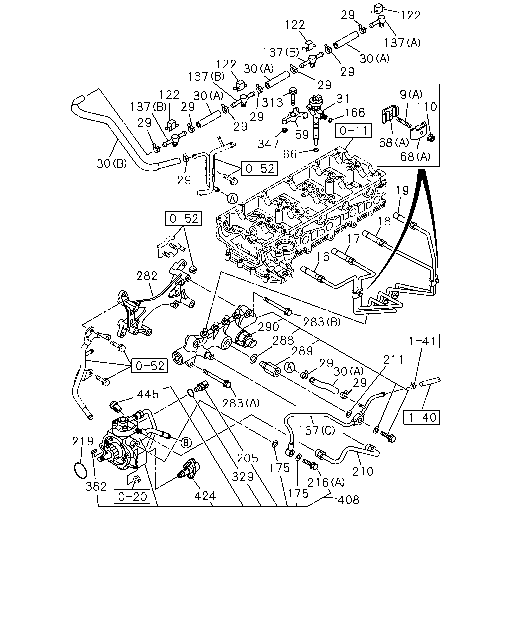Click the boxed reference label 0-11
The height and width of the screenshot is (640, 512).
point(353,131)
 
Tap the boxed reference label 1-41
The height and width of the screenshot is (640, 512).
point(422,341)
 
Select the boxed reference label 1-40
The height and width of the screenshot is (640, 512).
point(422,417)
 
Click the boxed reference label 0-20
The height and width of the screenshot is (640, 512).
point(132,497)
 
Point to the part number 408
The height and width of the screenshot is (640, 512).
point(348,499)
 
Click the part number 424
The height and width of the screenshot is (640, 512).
point(205,496)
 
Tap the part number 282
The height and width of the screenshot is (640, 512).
point(147,276)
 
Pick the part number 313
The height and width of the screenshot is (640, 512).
point(272,102)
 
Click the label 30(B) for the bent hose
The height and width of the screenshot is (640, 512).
point(112,163)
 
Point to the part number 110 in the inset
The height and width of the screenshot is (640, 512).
point(426,107)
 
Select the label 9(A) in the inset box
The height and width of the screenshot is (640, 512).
point(411,94)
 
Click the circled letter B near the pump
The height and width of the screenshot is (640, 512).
point(186,443)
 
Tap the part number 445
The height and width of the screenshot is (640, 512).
point(148,394)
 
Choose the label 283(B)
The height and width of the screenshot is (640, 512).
point(322,322)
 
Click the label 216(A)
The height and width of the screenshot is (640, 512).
point(326,482)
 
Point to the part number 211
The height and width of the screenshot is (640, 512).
point(393,360)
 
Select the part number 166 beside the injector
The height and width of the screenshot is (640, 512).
point(355,112)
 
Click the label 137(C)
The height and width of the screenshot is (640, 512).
point(317,430)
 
